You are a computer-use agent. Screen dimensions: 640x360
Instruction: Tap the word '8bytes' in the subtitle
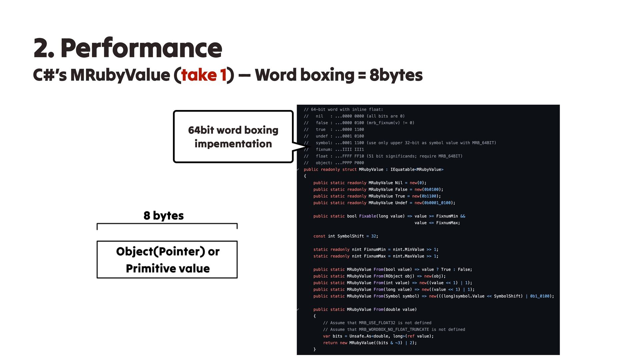(x=396, y=75)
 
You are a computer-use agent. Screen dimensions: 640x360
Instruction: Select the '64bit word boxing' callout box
(x=233, y=137)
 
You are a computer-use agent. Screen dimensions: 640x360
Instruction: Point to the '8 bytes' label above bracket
(x=164, y=216)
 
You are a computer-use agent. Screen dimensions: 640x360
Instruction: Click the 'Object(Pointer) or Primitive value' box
(x=167, y=259)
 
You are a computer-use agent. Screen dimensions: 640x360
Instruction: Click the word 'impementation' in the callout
(x=233, y=144)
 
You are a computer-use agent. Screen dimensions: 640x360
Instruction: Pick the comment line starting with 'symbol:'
(x=400, y=143)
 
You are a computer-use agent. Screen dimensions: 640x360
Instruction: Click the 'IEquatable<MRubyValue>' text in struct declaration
(x=417, y=169)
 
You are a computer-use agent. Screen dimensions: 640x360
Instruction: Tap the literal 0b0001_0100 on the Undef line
(x=437, y=203)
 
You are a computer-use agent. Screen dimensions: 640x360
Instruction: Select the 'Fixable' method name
(x=367, y=216)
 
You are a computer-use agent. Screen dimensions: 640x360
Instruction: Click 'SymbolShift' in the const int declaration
(x=350, y=236)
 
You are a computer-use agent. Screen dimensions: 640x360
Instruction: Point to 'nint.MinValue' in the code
(x=408, y=249)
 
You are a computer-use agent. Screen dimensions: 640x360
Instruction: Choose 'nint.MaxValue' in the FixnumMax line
(x=408, y=256)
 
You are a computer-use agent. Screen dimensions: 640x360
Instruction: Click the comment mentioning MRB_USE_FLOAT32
(x=377, y=323)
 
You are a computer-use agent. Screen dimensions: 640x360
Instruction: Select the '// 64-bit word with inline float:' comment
(x=343, y=109)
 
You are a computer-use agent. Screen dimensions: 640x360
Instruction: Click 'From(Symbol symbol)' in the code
(x=396, y=296)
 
